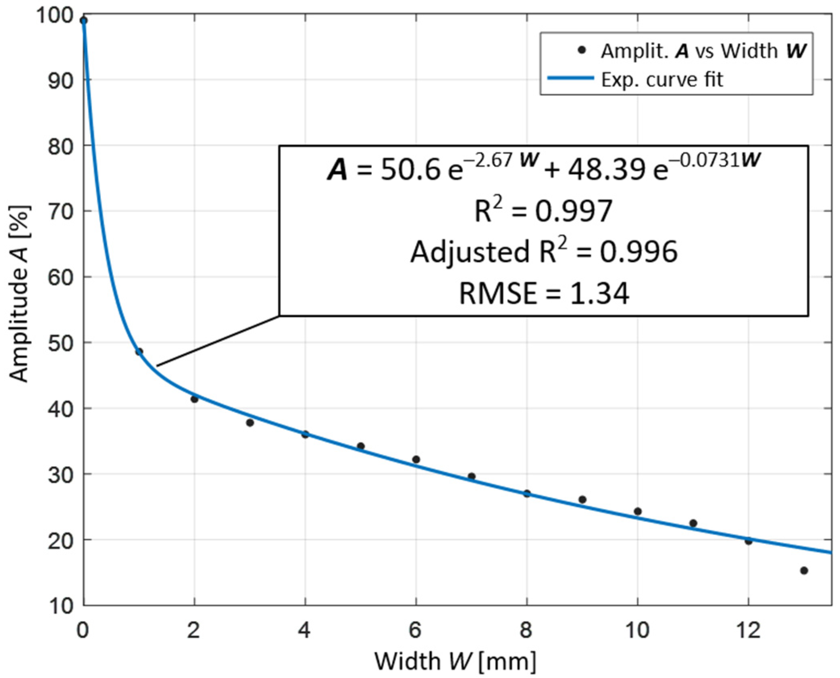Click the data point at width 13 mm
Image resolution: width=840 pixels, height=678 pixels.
(x=804, y=571)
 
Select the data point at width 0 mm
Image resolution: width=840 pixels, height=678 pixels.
(x=84, y=21)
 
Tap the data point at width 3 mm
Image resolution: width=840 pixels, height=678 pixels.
(x=250, y=423)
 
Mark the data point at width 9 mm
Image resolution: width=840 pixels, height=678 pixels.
(x=582, y=500)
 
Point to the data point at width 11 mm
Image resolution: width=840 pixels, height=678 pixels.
(x=693, y=523)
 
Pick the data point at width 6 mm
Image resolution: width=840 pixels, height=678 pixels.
(x=416, y=460)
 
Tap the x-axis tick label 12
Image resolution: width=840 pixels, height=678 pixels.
(x=748, y=630)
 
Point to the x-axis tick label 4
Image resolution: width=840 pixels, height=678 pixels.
(x=305, y=630)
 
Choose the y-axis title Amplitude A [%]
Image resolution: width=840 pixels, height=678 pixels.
(x=19, y=294)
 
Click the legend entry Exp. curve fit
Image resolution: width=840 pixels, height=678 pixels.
(x=662, y=80)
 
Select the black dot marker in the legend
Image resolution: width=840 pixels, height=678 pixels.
(x=581, y=51)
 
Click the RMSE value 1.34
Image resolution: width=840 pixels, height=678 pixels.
(x=600, y=293)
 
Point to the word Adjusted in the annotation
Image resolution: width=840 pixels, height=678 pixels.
(x=470, y=253)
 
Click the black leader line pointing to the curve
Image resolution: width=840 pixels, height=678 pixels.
(x=218, y=341)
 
